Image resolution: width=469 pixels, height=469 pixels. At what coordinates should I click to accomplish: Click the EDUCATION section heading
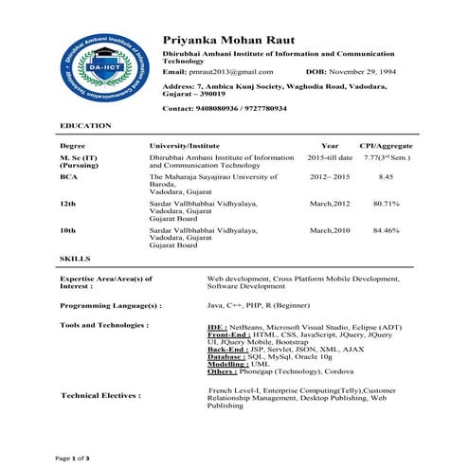[x=85, y=125]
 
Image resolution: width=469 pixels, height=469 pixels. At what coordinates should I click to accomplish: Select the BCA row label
[x=68, y=176]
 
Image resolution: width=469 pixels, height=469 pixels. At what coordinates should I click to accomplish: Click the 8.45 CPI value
[x=386, y=176]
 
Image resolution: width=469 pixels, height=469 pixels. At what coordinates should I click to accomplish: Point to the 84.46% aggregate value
[x=386, y=230]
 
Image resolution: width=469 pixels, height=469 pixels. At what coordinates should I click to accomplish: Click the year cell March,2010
[x=330, y=230]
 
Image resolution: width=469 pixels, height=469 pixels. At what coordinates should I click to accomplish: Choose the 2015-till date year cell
[x=330, y=157]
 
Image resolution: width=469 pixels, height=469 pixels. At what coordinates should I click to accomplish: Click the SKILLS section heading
[x=75, y=259]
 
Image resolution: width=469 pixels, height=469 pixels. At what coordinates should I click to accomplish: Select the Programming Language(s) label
[x=111, y=306]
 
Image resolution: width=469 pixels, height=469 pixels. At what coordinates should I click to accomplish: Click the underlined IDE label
[x=216, y=325]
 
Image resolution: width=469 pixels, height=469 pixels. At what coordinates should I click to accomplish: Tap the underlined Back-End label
[x=225, y=348]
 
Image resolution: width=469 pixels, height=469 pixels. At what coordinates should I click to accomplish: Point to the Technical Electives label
[x=100, y=395]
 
